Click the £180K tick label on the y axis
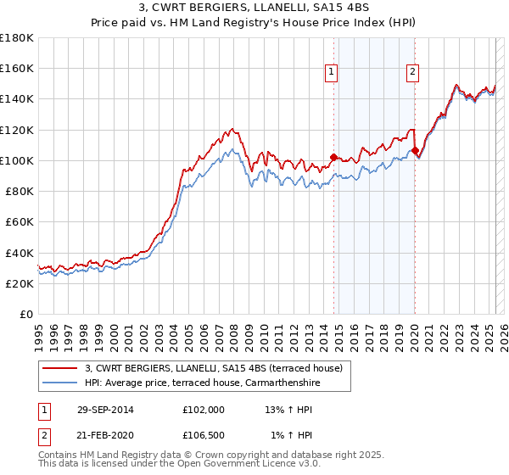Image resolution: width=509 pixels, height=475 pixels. click(17, 37)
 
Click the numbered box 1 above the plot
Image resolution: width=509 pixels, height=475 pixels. click(332, 72)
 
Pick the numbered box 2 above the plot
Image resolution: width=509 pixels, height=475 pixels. click(412, 72)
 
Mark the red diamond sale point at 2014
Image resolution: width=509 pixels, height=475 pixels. click(333, 157)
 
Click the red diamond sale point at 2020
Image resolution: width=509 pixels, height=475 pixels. click(415, 150)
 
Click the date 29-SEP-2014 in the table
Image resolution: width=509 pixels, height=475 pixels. click(104, 411)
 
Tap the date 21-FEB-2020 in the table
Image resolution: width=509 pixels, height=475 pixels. click(104, 436)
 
